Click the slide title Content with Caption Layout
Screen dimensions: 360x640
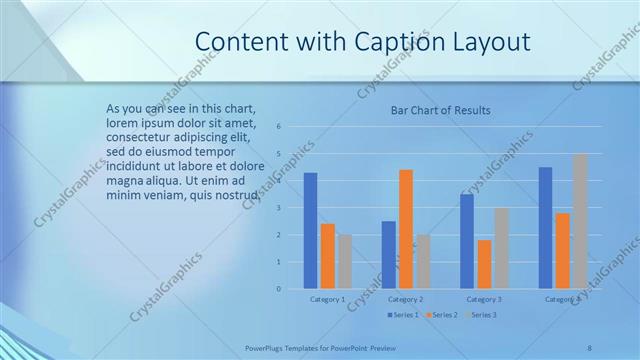coord(362,41)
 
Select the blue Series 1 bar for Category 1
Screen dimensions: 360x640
coord(310,231)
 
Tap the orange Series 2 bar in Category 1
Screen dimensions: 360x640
coord(327,256)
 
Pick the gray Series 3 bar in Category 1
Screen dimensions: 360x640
coord(345,261)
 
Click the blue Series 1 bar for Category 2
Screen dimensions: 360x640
coord(388,255)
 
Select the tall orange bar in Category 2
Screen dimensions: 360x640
coord(406,229)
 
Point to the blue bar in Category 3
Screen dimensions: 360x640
coord(467,241)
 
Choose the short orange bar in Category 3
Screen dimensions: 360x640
coord(484,264)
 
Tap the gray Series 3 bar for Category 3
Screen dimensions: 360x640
coord(502,248)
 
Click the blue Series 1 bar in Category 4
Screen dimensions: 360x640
coord(545,228)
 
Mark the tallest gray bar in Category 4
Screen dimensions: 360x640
coord(580,221)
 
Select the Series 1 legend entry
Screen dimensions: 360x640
coord(402,315)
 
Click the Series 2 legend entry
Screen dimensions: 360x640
coord(441,315)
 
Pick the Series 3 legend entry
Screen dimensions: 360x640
coord(480,315)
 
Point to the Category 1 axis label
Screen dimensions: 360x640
coord(327,299)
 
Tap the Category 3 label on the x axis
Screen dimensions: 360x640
coord(484,299)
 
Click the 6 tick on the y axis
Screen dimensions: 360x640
coord(279,126)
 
